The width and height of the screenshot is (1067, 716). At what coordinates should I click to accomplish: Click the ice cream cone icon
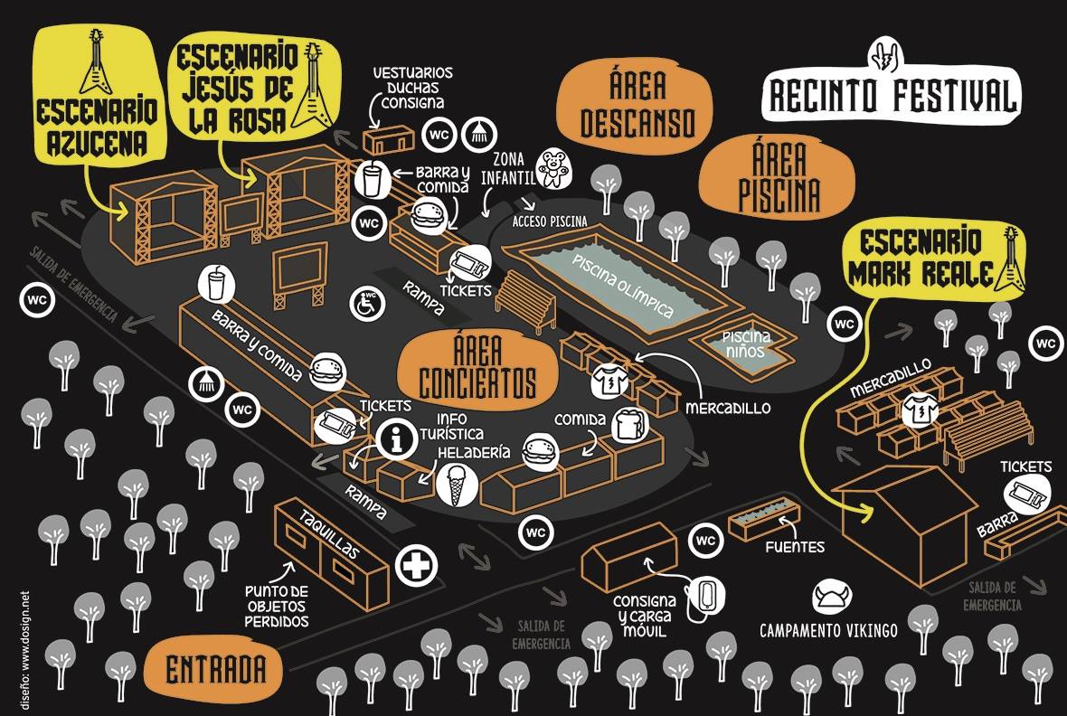point(454,484)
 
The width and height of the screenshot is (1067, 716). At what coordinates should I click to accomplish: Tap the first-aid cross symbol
point(416,567)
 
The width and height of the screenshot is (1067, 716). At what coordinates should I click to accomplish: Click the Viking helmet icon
point(832,597)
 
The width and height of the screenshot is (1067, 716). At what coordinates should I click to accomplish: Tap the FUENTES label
point(794,547)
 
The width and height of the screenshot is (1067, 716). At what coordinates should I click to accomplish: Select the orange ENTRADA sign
point(217,669)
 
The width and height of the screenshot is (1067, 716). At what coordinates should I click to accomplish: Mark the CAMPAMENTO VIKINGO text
point(828,630)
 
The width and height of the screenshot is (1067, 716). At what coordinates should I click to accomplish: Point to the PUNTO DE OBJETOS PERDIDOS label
point(277,606)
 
